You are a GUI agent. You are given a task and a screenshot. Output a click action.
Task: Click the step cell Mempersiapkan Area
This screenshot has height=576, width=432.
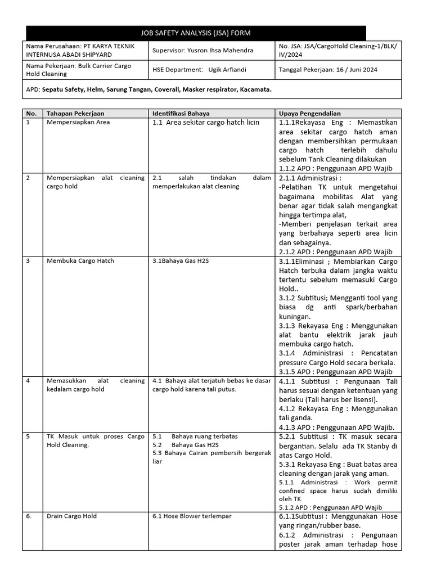tap(78, 122)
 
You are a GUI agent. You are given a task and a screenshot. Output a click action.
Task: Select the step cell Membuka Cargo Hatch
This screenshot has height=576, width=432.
tap(80, 260)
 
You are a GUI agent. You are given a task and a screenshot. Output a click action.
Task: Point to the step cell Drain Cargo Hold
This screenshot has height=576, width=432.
tap(71, 516)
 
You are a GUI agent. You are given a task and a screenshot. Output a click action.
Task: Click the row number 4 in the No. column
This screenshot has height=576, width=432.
tap(28, 381)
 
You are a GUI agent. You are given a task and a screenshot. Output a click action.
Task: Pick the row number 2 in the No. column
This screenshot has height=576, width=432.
tap(28, 178)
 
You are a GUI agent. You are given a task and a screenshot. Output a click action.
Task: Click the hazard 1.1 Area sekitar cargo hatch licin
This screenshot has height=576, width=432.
tap(206, 122)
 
